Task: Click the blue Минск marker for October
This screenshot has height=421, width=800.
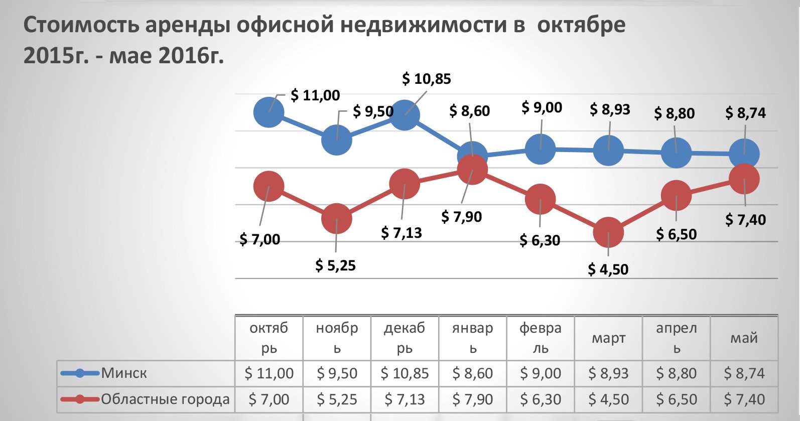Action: pos(269,112)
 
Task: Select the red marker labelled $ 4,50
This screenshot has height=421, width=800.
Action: pos(608,232)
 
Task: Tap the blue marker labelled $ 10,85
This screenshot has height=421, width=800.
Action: pos(405,115)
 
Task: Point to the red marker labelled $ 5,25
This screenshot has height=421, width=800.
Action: pos(336,219)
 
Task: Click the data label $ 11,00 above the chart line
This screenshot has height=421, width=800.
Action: pos(315,95)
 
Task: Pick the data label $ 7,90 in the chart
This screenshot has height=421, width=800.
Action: pos(461,217)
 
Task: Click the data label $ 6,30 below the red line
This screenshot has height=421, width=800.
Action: pos(540,240)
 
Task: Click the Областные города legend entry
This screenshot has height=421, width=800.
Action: pos(165,399)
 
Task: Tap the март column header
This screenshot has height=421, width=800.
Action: pos(608,338)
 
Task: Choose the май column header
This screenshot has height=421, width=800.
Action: pos(744,338)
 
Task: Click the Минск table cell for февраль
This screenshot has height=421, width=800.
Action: pos(541,373)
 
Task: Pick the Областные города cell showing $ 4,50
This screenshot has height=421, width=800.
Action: pos(608,399)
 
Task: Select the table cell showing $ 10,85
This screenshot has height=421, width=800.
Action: pos(405,373)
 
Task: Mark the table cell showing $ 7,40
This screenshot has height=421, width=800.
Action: pos(744,399)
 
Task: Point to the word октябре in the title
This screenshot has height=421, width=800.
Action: pos(581,25)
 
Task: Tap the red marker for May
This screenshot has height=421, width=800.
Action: pos(744,179)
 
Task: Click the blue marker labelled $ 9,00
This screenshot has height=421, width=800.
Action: pos(541,149)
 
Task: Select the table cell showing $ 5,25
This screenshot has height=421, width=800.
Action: pos(337,399)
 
